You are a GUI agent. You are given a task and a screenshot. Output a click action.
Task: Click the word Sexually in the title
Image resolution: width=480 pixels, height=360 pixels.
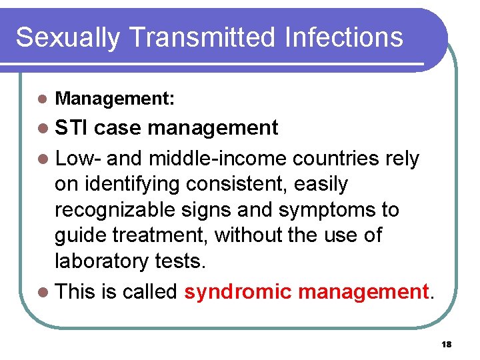[65, 37]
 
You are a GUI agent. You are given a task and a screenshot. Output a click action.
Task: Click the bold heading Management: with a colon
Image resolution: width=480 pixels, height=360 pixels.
[115, 99]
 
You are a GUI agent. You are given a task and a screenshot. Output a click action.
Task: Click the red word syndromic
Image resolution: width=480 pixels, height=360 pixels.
[238, 292]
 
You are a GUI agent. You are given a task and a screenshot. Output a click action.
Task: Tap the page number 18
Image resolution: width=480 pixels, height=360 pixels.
[446, 344]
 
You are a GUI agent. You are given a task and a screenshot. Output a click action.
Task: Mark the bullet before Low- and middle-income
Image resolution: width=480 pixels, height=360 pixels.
[43, 159]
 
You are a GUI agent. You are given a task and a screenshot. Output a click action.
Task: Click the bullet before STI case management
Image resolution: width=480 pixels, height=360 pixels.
[43, 127]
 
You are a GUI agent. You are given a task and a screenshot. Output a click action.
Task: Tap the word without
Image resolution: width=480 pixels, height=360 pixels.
[253, 235]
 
